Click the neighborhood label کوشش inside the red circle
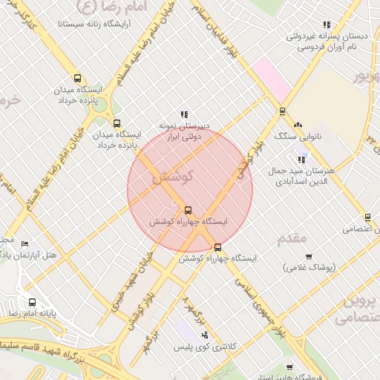coord(172,178)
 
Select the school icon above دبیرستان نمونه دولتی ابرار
coord(184,114)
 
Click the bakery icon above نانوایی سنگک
coord(298,125)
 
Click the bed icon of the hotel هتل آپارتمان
coord(25,243)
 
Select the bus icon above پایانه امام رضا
coord(32,302)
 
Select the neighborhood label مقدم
coord(292,239)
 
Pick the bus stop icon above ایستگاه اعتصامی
coord(367,217)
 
